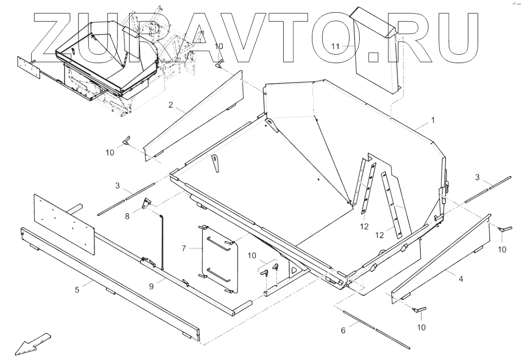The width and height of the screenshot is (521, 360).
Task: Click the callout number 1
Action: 433,119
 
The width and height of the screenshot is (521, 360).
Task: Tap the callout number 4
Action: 461,279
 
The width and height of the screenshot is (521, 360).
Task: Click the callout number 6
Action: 343,330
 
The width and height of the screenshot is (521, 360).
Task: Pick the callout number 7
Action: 184,248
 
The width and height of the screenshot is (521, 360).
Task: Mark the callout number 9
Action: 152,286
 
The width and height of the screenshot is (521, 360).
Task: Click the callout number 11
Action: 335,46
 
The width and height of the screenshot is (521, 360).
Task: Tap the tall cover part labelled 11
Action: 375,54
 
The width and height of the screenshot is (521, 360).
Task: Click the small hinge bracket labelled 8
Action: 145,204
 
